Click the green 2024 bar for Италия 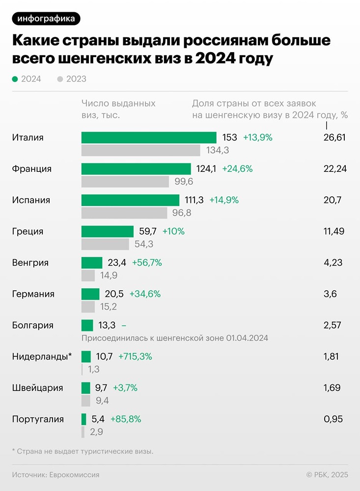pyautogui.click(x=149, y=137)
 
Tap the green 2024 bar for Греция pyautogui.click(x=108, y=231)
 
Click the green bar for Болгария pyautogui.click(x=87, y=325)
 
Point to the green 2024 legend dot pyautogui.click(x=15, y=79)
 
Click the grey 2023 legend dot pyautogui.click(x=60, y=79)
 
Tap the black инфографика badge pyautogui.click(x=46, y=19)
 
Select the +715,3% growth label pyautogui.click(x=135, y=357)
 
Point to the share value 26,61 pyautogui.click(x=334, y=137)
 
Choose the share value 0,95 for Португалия pyautogui.click(x=333, y=419)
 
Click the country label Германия pyautogui.click(x=33, y=294)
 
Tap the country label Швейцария pyautogui.click(x=37, y=388)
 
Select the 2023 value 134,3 pyautogui.click(x=218, y=150)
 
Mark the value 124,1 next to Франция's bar pyautogui.click(x=206, y=169)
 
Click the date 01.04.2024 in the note pyautogui.click(x=247, y=338)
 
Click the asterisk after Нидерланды pyautogui.click(x=70, y=355)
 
